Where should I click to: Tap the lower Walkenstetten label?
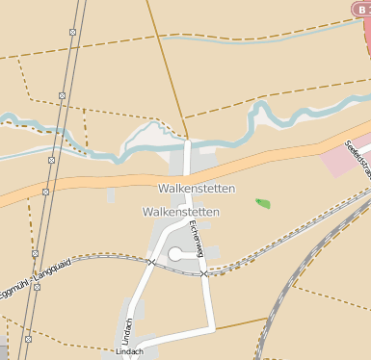180,212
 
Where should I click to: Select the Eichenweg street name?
197,237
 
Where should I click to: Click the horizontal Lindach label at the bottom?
128,352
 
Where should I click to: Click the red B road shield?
358,8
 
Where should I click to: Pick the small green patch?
262,203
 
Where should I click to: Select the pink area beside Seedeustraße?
337,162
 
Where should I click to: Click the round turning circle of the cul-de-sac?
175,254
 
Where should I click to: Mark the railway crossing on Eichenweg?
204,273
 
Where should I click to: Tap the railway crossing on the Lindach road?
151,261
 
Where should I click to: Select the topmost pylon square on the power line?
73,32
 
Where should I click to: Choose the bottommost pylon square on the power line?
28,339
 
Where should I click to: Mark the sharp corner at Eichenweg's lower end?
213,327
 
